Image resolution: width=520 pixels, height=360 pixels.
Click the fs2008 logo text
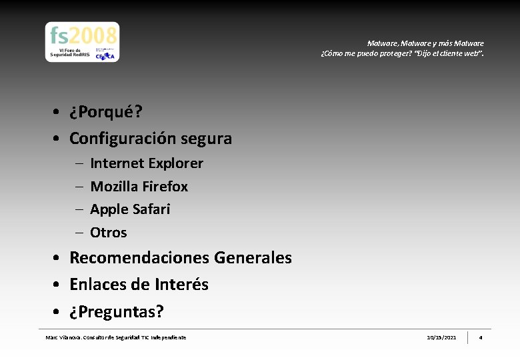click(83, 35)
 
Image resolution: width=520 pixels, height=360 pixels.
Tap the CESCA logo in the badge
click(105, 55)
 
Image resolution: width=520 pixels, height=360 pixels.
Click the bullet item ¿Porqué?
click(105, 112)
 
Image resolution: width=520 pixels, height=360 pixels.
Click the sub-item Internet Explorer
click(146, 163)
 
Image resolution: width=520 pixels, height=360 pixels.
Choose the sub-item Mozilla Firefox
click(139, 187)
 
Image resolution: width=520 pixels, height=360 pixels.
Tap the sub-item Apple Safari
click(130, 209)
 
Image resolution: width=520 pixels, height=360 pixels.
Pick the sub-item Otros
click(108, 233)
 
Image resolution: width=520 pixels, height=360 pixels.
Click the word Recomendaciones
click(139, 258)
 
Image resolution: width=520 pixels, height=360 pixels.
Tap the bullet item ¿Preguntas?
click(117, 312)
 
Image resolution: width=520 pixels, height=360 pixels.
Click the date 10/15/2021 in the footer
click(441, 338)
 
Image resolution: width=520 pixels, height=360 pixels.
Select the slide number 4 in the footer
click(480, 338)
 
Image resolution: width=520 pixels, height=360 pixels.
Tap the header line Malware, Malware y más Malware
click(425, 43)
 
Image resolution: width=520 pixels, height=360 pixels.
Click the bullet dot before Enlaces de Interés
click(59, 285)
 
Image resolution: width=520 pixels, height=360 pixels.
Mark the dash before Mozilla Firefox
click(79, 187)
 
